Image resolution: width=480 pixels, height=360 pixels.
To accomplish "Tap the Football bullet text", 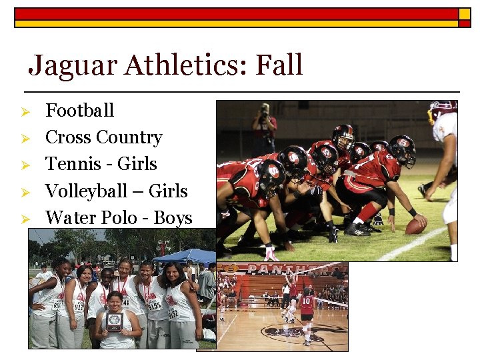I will pyautogui.click(x=79, y=110).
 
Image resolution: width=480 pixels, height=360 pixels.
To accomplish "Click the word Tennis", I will pyautogui.click(x=68, y=164).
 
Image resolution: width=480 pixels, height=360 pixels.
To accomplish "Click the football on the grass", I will pyautogui.click(x=415, y=227).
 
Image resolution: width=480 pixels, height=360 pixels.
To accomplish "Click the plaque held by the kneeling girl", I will pyautogui.click(x=114, y=321).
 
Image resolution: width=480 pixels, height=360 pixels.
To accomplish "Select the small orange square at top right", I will pyautogui.click(x=464, y=13).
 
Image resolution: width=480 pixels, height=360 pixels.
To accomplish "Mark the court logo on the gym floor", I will pyautogui.click(x=293, y=331).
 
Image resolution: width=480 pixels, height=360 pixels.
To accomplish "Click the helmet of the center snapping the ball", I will pyautogui.click(x=401, y=149).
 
